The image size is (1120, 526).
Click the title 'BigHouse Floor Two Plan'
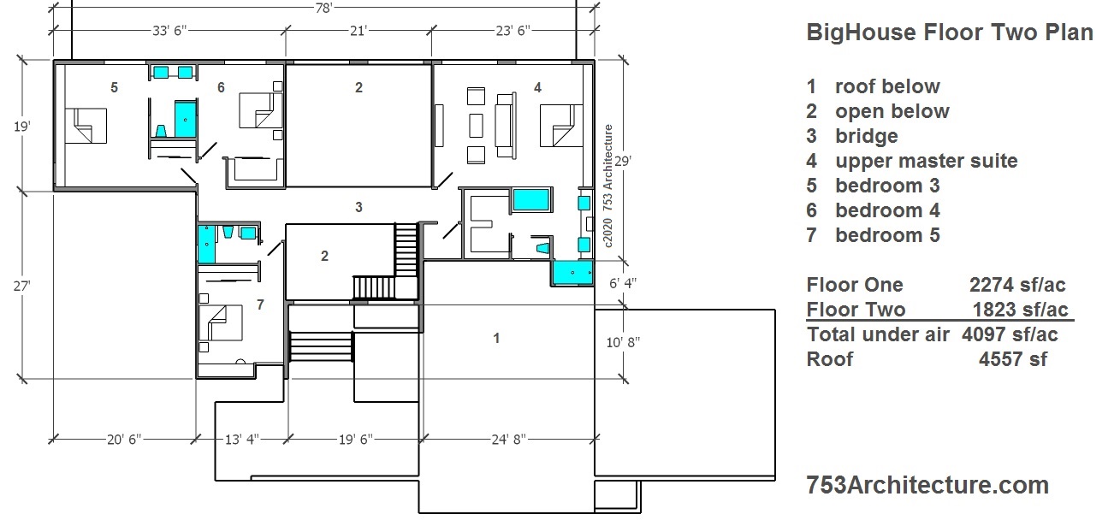click(x=950, y=33)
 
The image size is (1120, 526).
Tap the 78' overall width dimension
click(x=323, y=8)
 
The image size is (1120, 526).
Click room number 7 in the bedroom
click(x=260, y=304)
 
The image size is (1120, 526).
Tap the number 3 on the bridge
click(x=359, y=207)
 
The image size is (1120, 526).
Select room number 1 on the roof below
click(x=496, y=339)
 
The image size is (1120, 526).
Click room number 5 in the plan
click(x=114, y=87)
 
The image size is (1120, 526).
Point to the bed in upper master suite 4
click(x=557, y=125)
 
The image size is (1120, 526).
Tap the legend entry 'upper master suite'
click(x=926, y=161)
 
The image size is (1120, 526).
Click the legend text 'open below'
click(x=892, y=111)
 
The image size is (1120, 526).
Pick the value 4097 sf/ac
click(x=1010, y=334)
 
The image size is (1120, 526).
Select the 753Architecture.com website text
click(x=927, y=485)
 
